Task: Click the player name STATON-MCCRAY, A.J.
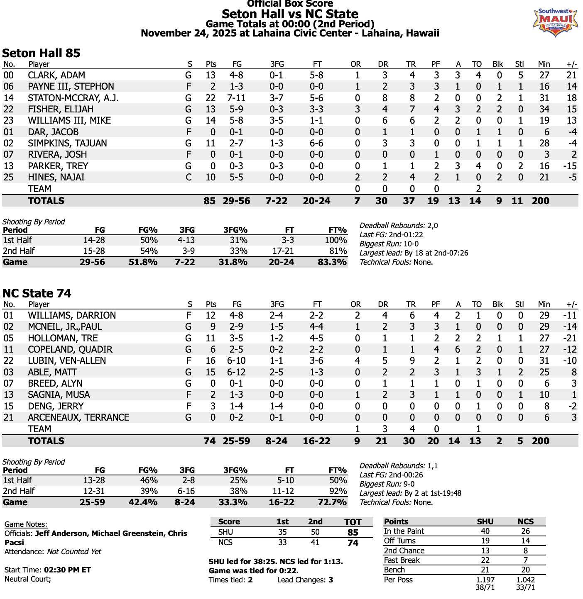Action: [73, 98]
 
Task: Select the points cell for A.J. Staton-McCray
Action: [211, 98]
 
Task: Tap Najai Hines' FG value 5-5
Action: [237, 177]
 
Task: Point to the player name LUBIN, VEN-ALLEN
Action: [67, 360]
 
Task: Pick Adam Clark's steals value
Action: [520, 75]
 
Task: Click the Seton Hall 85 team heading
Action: [41, 53]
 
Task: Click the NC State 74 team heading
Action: [37, 293]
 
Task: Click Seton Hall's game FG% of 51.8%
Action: [143, 262]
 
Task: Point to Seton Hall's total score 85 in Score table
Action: [353, 532]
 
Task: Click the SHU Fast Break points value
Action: [485, 560]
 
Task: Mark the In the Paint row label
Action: [404, 531]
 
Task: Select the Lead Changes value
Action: [331, 580]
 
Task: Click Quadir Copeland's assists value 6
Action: [458, 349]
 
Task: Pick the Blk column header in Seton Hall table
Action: [497, 64]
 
